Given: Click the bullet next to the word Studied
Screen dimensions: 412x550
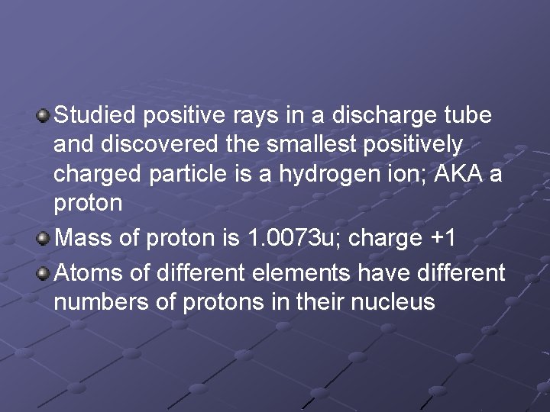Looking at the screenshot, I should [x=44, y=117].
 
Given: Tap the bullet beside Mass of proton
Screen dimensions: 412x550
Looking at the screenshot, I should [x=44, y=237].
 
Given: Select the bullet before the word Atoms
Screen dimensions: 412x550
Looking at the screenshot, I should [x=44, y=272].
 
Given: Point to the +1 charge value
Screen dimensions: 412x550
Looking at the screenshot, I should [x=442, y=238].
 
